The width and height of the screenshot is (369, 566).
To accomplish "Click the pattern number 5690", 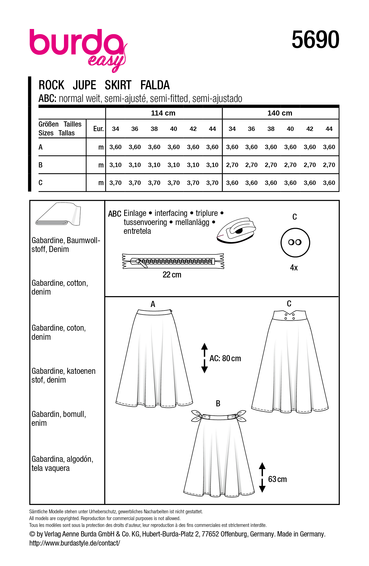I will [315, 40].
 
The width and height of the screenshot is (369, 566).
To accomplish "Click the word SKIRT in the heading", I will [118, 85].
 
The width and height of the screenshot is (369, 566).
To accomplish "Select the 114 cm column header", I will [163, 113].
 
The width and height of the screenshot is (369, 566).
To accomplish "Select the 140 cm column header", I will [280, 113].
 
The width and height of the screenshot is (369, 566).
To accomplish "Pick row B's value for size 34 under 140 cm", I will [232, 165].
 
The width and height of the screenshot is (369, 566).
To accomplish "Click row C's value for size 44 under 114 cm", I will [212, 183].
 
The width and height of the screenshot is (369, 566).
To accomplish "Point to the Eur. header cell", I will [98, 129].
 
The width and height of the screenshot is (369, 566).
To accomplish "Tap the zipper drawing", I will [173, 261].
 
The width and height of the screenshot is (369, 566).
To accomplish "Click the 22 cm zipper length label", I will [172, 275].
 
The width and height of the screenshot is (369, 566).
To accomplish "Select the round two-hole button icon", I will [295, 242].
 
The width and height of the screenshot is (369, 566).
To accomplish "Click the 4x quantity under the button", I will [294, 268].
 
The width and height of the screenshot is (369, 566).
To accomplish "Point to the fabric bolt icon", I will [58, 214].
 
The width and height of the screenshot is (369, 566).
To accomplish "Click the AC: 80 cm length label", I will [225, 358].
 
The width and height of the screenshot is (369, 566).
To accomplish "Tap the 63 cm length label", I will [277, 479].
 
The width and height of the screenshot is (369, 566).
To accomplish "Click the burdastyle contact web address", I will [75, 543].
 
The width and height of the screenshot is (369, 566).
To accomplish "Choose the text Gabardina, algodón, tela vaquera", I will [62, 464].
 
